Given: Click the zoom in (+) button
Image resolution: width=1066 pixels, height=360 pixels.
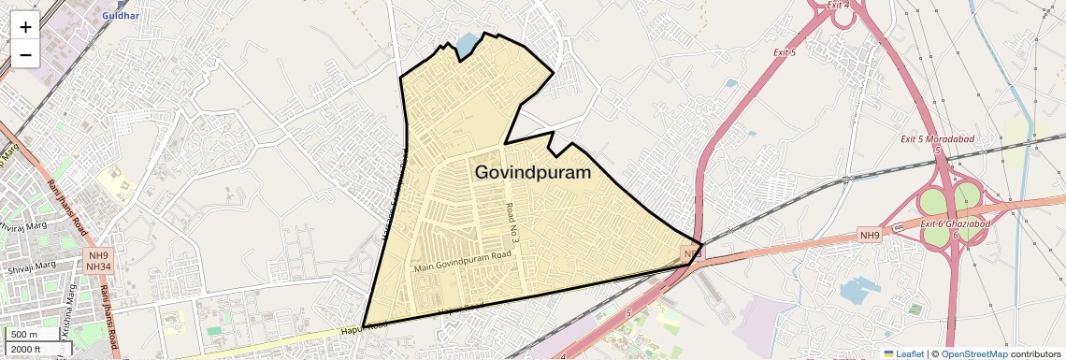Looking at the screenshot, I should (25, 27).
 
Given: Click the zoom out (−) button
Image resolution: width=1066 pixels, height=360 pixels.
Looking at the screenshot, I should (25, 55).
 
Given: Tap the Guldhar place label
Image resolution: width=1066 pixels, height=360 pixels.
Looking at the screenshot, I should (120, 16).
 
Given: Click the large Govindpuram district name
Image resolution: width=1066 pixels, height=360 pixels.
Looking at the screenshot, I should (533, 173).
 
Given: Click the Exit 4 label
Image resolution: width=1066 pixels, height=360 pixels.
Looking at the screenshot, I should (838, 5).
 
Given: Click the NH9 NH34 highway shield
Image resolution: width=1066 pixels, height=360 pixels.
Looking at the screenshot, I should (98, 261).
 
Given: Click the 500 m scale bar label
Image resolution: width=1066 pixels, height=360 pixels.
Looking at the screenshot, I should (25, 335).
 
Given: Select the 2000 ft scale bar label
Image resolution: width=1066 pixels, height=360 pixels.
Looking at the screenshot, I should (27, 349).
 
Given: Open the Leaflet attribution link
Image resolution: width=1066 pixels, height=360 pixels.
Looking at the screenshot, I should (903, 353).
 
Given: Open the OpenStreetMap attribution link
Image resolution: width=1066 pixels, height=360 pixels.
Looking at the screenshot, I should (973, 353).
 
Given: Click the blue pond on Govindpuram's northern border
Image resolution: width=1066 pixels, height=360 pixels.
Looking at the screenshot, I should (466, 43).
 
